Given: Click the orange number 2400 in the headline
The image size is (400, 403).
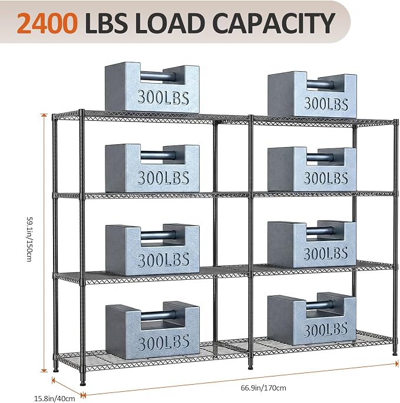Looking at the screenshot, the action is [x=47, y=22].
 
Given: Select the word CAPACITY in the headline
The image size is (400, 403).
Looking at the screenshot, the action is [x=274, y=22].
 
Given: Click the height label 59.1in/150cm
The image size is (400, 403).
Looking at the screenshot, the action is [x=29, y=239].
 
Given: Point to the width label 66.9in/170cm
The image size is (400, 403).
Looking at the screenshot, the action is [x=263, y=388].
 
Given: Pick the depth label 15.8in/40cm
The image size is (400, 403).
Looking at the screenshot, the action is [x=55, y=399].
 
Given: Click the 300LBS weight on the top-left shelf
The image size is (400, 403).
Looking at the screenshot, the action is [x=152, y=87].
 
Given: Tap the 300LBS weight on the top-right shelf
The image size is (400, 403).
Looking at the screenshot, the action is [x=312, y=95].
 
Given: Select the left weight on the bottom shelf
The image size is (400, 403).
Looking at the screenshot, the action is [x=153, y=331].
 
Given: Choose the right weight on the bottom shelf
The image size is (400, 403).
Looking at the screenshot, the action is [x=312, y=319].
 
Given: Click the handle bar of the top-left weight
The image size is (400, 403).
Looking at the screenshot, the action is [x=158, y=77].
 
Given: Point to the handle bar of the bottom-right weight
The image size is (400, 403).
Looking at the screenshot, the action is [x=320, y=305].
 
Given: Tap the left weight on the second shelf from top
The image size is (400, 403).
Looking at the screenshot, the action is [x=152, y=168].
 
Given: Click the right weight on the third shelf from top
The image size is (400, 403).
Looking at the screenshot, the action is [x=312, y=244].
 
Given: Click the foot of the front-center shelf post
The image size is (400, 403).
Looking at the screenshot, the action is [x=250, y=367].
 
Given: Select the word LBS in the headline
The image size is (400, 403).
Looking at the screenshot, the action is [x=106, y=22].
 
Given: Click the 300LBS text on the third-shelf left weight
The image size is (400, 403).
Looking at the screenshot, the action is [x=163, y=260].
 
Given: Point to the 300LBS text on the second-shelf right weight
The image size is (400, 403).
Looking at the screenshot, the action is [x=326, y=178].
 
